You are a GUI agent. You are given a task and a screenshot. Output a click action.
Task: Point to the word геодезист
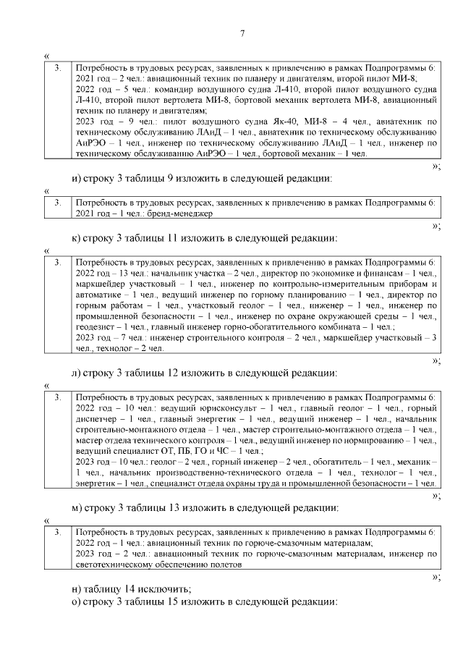coord(95,327)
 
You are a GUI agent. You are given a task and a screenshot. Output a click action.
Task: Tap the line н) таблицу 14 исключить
coord(131,588)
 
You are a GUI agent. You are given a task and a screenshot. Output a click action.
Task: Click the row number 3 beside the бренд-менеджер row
coord(58,204)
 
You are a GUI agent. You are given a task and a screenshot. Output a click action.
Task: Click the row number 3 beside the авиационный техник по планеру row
coord(58,68)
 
